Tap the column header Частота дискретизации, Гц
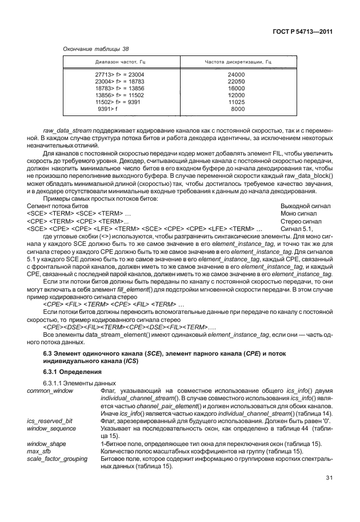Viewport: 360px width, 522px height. click(x=238, y=62)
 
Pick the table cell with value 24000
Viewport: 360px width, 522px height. click(x=236, y=75)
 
